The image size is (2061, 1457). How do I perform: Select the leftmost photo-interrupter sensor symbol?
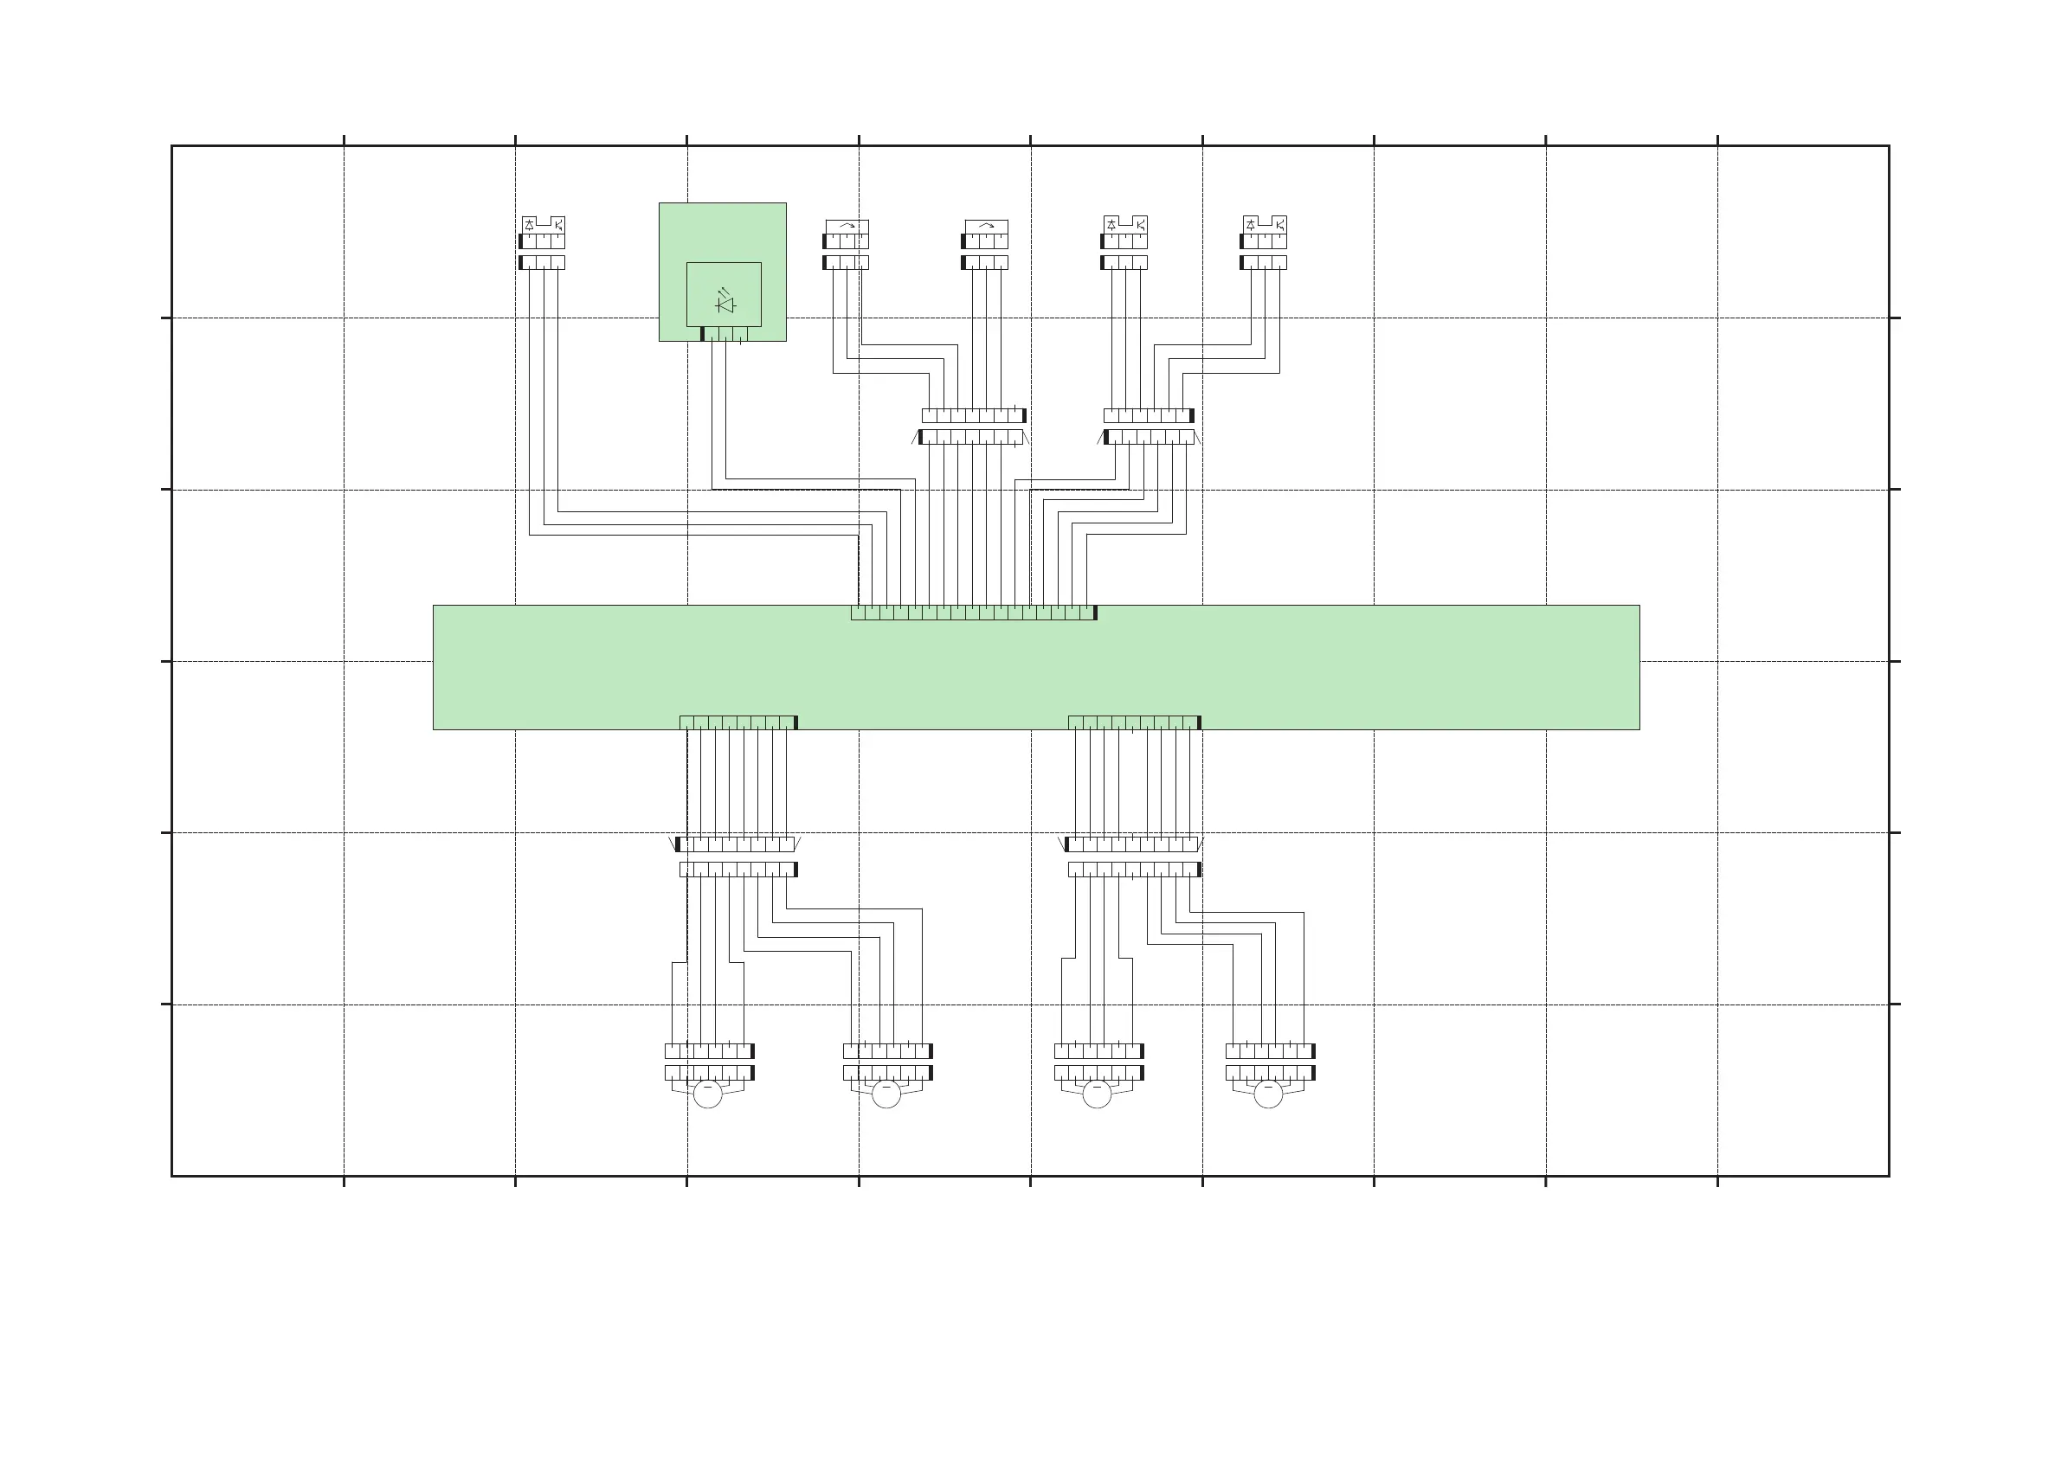tap(543, 224)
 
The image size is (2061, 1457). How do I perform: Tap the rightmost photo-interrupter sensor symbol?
tap(1265, 224)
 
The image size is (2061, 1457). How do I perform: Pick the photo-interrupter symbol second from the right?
tap(1125, 224)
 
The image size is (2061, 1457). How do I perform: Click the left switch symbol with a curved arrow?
tap(847, 226)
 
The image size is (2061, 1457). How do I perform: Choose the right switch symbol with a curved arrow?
tap(986, 226)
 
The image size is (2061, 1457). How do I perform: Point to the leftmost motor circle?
tap(707, 1094)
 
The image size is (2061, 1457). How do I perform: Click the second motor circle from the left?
tap(886, 1094)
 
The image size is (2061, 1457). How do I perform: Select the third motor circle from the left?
tap(1097, 1094)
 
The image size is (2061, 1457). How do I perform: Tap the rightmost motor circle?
tap(1268, 1094)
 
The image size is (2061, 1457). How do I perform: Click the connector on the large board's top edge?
tap(973, 613)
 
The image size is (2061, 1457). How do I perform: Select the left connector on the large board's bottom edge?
tap(737, 722)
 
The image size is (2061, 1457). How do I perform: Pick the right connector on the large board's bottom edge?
tap(1134, 722)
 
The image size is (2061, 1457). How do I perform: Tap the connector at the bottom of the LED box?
tap(725, 334)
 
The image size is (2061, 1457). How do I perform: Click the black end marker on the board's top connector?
tap(1095, 613)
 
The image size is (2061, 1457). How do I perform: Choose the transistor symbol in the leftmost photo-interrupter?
tap(557, 224)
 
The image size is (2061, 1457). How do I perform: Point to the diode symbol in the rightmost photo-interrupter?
tap(1252, 224)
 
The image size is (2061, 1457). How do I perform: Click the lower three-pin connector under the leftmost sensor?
tap(542, 262)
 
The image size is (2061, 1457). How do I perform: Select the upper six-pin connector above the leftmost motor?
tap(709, 1050)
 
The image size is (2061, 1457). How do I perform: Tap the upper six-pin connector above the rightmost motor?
tap(1270, 1050)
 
